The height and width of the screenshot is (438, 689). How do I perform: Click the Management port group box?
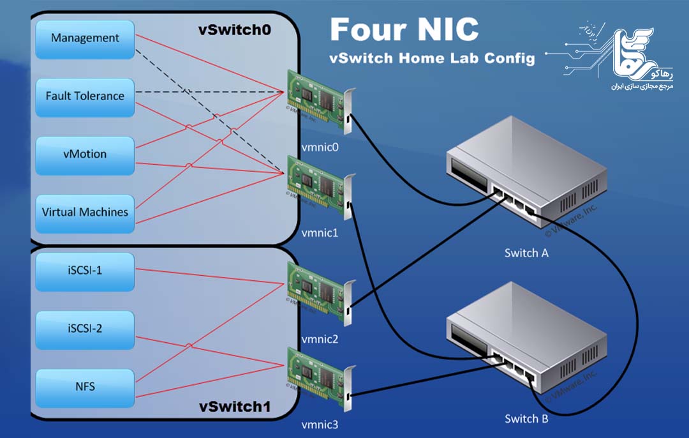[x=85, y=39]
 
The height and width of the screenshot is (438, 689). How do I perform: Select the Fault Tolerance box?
[x=85, y=97]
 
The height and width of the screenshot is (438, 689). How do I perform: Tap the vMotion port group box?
[x=85, y=155]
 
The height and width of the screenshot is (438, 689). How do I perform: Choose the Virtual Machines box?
[x=85, y=213]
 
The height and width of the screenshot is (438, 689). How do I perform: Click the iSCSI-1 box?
[x=85, y=271]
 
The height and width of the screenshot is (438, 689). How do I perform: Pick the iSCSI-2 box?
[x=85, y=329]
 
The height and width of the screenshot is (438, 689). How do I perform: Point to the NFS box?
[x=85, y=387]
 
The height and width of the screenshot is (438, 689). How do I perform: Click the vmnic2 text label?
[x=320, y=339]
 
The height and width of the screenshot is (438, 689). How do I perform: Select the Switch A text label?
[x=526, y=253]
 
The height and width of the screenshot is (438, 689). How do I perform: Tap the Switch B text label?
[x=526, y=419]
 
